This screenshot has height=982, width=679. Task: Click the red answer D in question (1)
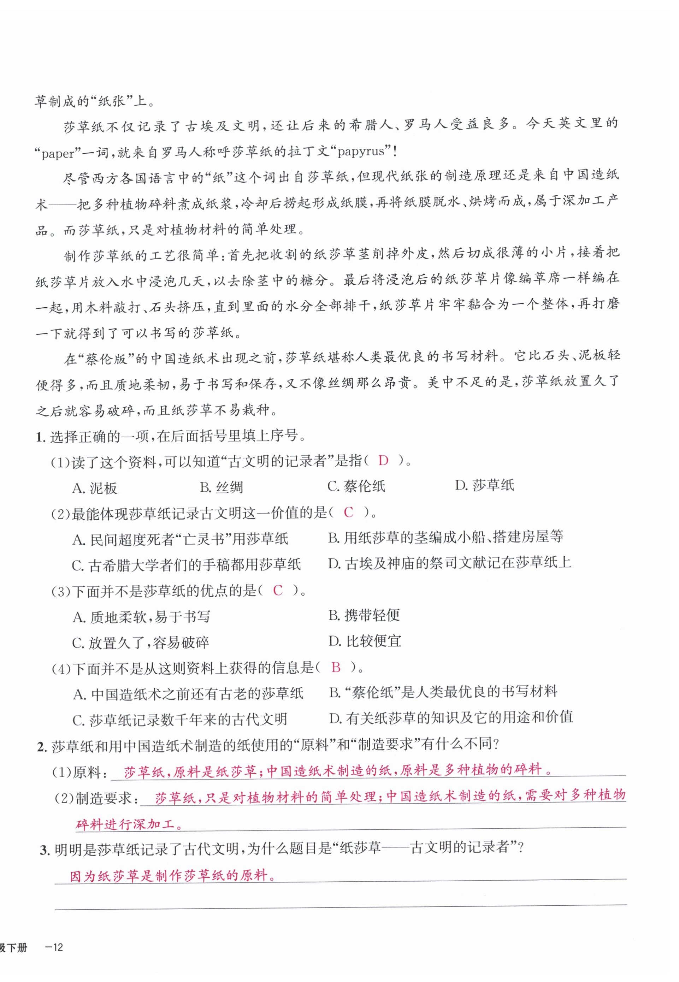[383, 460]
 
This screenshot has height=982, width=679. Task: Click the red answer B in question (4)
[336, 667]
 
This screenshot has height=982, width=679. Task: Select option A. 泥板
[94, 488]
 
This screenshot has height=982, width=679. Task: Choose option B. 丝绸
[221, 487]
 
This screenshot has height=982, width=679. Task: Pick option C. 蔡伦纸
[356, 486]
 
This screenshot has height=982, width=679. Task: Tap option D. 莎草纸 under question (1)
[485, 485]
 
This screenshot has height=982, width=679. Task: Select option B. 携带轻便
[364, 615]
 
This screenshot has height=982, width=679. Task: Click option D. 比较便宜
[365, 641]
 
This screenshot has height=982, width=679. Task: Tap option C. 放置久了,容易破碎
[140, 643]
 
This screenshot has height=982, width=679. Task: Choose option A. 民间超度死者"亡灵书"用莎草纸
[181, 539]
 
